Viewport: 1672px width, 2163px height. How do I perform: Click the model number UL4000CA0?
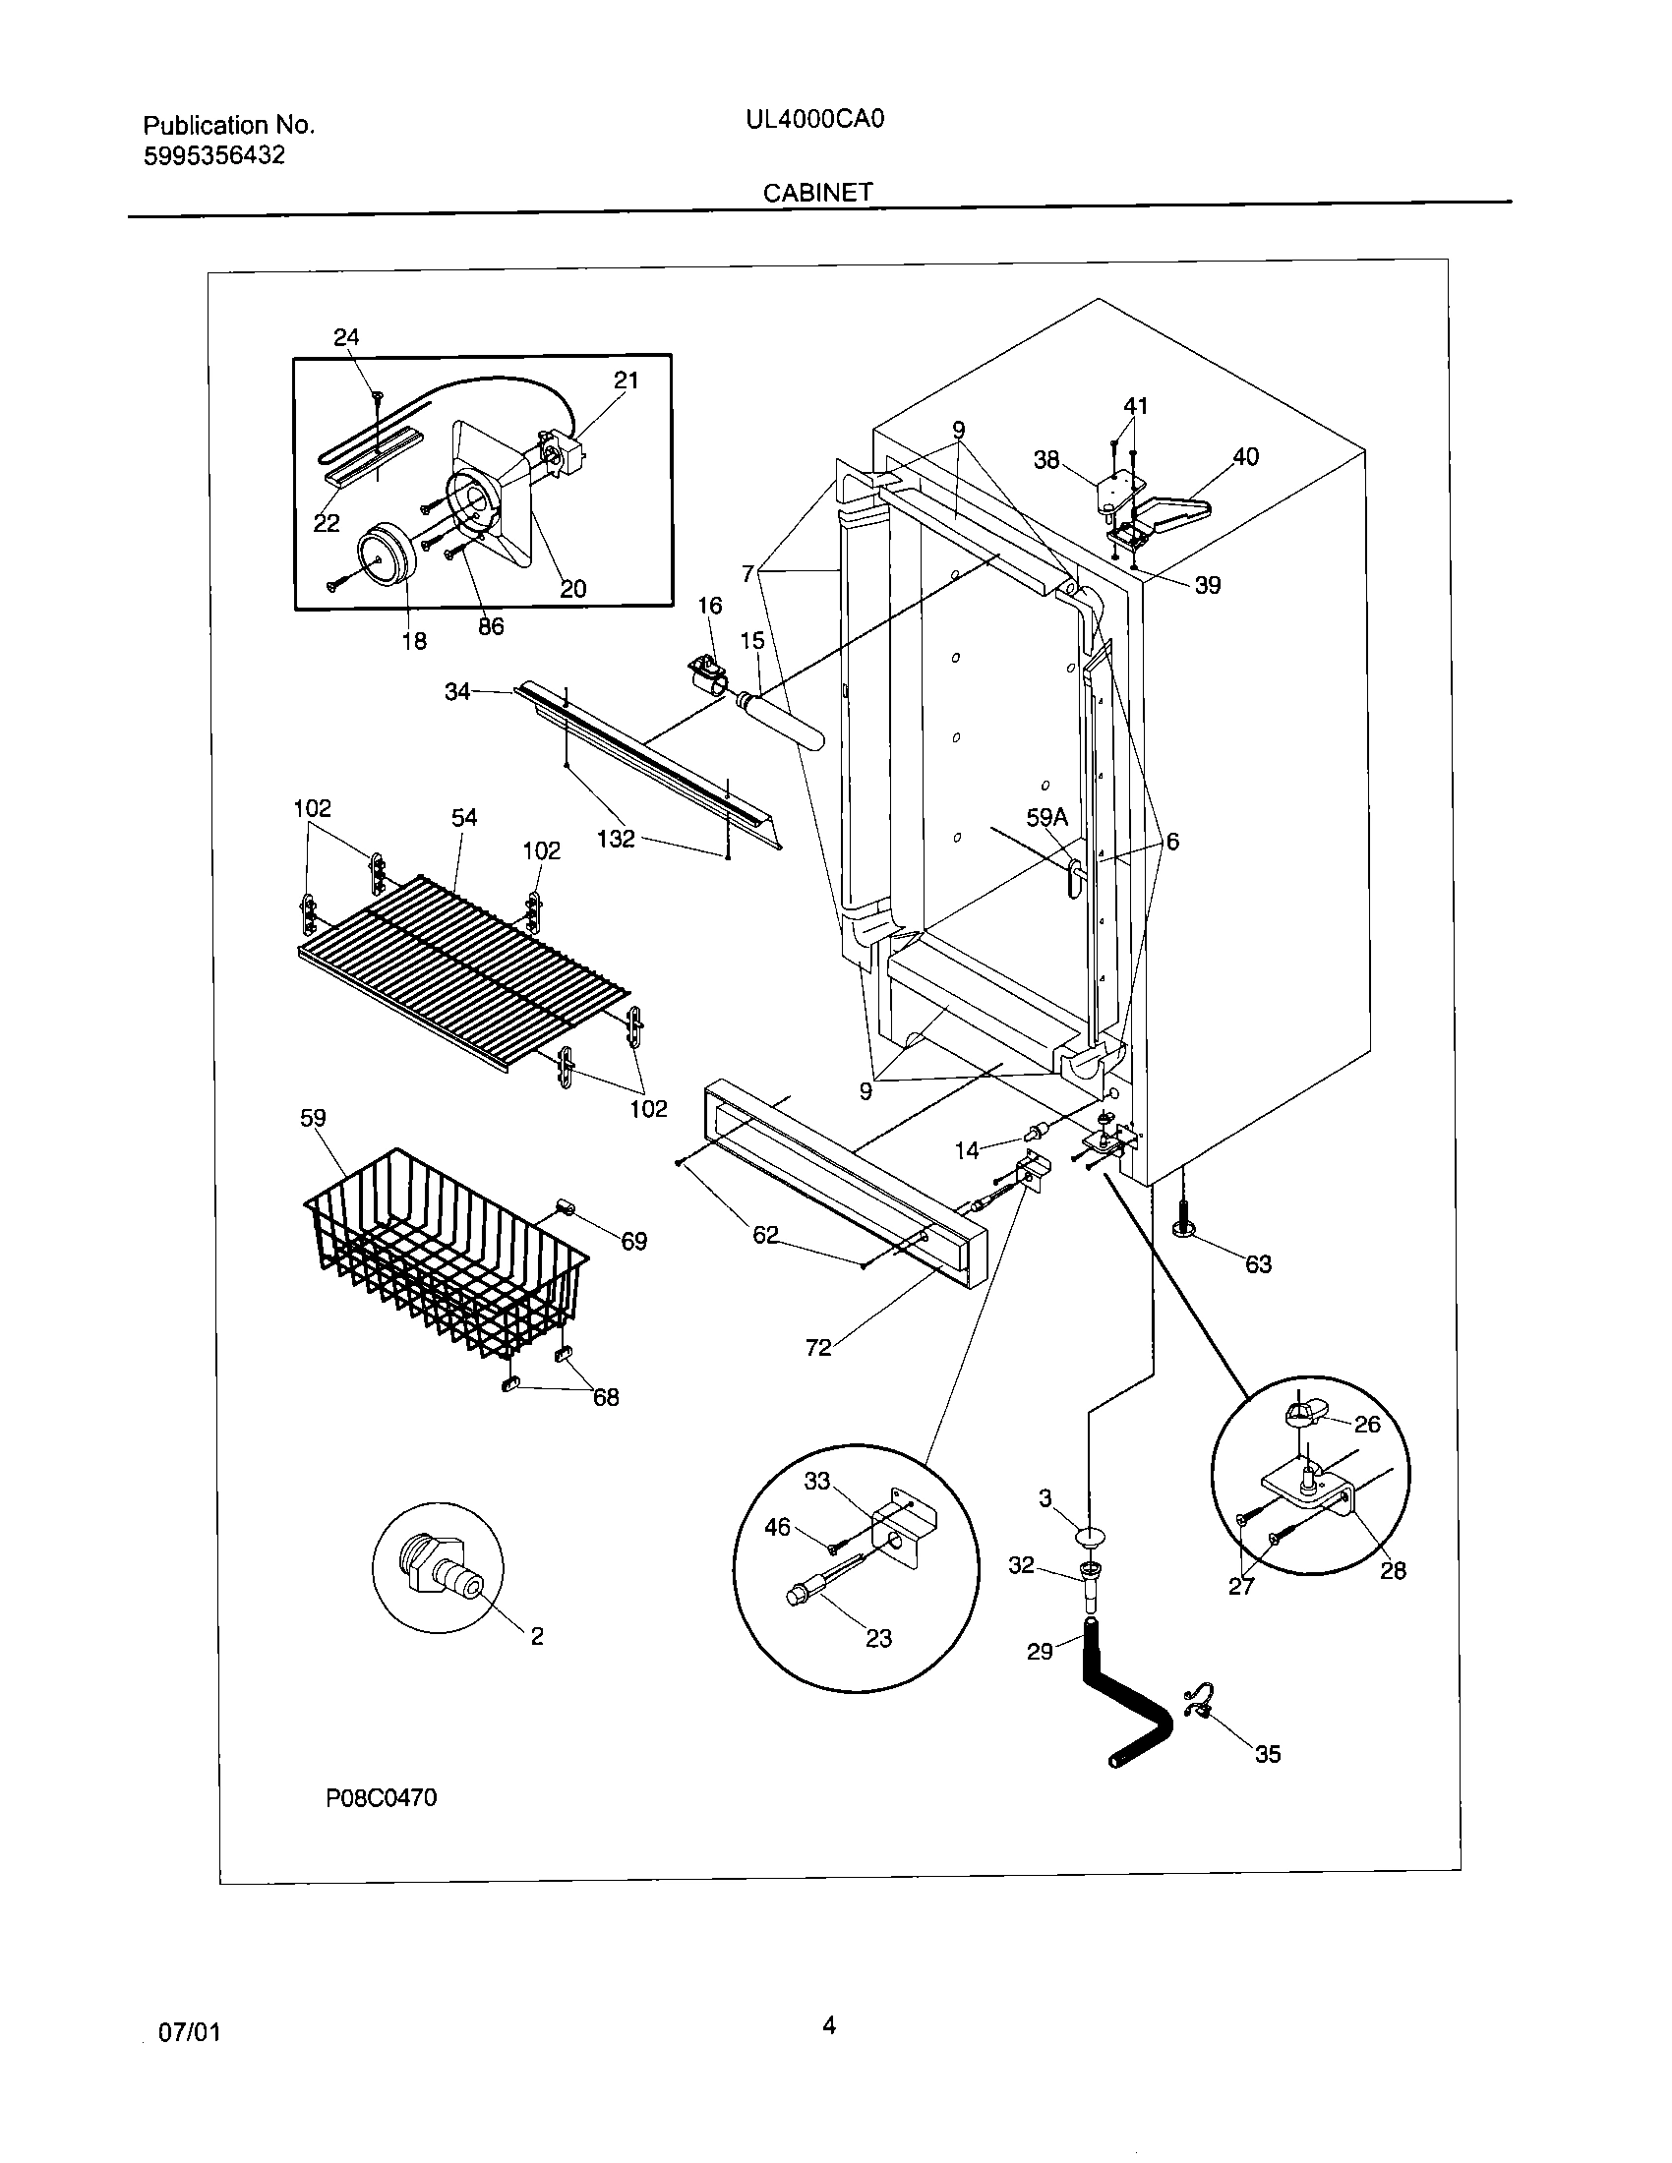[x=814, y=120]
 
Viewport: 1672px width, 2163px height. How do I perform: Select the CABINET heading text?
[x=817, y=192]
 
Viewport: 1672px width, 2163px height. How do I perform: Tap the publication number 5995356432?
[x=214, y=155]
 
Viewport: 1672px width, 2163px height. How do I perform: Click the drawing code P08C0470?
[x=382, y=1797]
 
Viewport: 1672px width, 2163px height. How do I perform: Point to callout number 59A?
[x=1046, y=817]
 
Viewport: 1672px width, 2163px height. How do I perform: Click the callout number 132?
[x=615, y=839]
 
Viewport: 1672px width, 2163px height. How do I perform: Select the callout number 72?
[x=818, y=1348]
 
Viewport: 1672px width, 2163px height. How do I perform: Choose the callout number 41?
[x=1135, y=405]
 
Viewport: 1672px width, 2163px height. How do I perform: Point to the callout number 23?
[x=878, y=1639]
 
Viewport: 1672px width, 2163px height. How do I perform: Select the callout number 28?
[x=1393, y=1571]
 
